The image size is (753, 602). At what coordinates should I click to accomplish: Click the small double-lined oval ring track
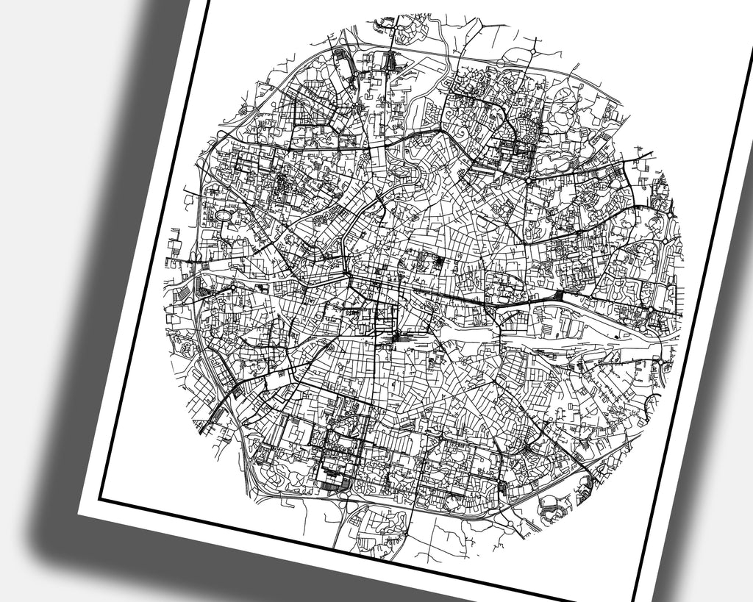223,215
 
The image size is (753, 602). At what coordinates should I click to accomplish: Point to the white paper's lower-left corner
79,512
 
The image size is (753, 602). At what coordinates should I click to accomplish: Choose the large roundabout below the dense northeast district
529,179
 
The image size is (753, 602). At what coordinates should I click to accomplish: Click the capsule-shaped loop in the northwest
343,59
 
